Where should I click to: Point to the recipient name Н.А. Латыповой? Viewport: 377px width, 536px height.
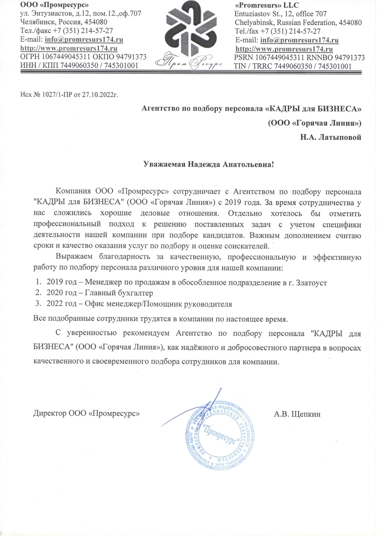[x=330, y=137]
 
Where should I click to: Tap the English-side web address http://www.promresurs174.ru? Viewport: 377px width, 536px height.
[x=284, y=49]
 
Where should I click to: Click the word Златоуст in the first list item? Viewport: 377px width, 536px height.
[x=312, y=283]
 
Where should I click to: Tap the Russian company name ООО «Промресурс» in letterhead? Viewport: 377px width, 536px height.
[x=54, y=5]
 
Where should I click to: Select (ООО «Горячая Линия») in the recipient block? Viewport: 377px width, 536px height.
[x=315, y=123]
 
